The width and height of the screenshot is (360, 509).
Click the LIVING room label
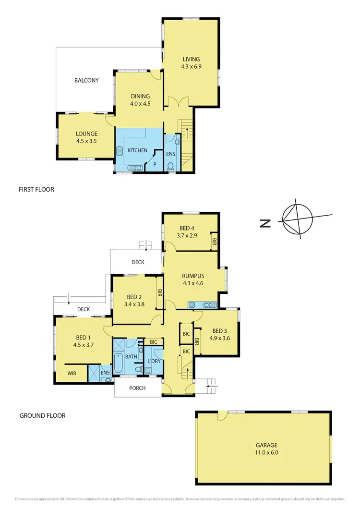191,59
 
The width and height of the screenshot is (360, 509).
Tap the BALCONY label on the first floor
86,81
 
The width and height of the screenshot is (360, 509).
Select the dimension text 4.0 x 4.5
140,103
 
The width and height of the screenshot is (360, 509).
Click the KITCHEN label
137,150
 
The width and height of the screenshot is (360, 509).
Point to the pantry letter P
155,164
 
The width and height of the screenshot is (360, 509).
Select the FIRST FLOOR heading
36,190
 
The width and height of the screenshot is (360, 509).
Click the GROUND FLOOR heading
42,415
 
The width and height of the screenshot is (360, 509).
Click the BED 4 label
187,228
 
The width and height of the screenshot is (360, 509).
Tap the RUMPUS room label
193,276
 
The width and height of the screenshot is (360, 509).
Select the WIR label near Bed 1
72,373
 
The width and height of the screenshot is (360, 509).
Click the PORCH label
138,388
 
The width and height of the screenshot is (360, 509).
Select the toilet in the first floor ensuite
171,167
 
